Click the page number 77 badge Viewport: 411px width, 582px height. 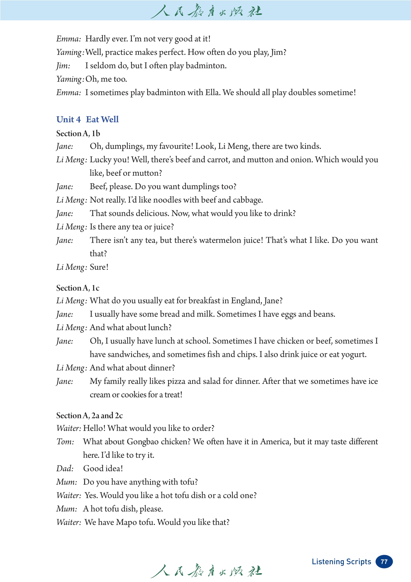384,561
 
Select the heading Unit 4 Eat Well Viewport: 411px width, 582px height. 87,119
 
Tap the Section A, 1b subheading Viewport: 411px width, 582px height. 78,133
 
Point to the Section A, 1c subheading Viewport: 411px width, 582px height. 78,288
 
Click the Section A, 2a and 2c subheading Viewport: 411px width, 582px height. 90,415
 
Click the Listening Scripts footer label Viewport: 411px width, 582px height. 341,561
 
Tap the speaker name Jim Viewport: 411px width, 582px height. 63,66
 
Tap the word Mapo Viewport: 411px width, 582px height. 126,522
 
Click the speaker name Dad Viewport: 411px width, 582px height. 65,469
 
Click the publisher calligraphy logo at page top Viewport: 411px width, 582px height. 206,11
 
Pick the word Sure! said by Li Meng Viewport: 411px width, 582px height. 99,267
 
